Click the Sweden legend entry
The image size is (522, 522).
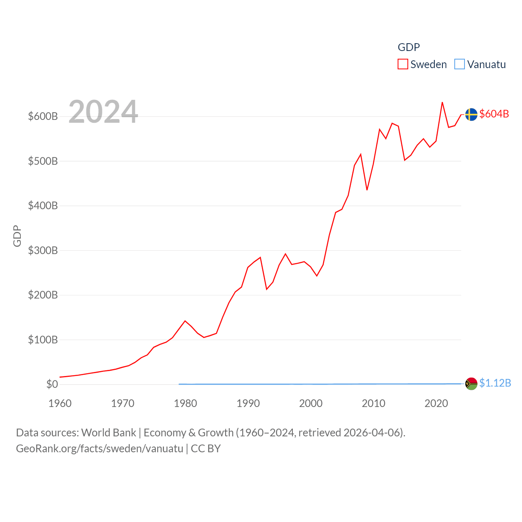click(x=422, y=64)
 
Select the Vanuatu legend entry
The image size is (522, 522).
click(x=480, y=64)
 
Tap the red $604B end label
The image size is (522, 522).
click(x=494, y=114)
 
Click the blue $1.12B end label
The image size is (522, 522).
click(x=495, y=383)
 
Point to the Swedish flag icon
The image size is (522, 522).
click(x=471, y=115)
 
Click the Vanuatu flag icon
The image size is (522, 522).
click(x=471, y=384)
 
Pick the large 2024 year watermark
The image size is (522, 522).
click(x=103, y=112)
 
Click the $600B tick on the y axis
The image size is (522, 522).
click(x=43, y=117)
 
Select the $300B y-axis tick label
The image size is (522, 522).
click(x=43, y=250)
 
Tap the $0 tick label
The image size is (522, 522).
click(x=52, y=384)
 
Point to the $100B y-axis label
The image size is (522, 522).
click(x=43, y=340)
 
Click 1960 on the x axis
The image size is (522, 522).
click(x=60, y=403)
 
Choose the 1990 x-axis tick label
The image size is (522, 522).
click(x=248, y=403)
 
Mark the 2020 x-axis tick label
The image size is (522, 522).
click(x=436, y=403)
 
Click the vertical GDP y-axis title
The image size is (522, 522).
click(x=17, y=236)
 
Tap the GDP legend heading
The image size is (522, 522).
click(x=409, y=47)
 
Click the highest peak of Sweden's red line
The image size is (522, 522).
click(x=442, y=102)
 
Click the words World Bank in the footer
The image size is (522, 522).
click(x=108, y=432)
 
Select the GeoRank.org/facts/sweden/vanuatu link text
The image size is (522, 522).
click(x=100, y=449)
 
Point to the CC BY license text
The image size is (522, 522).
click(x=206, y=449)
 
